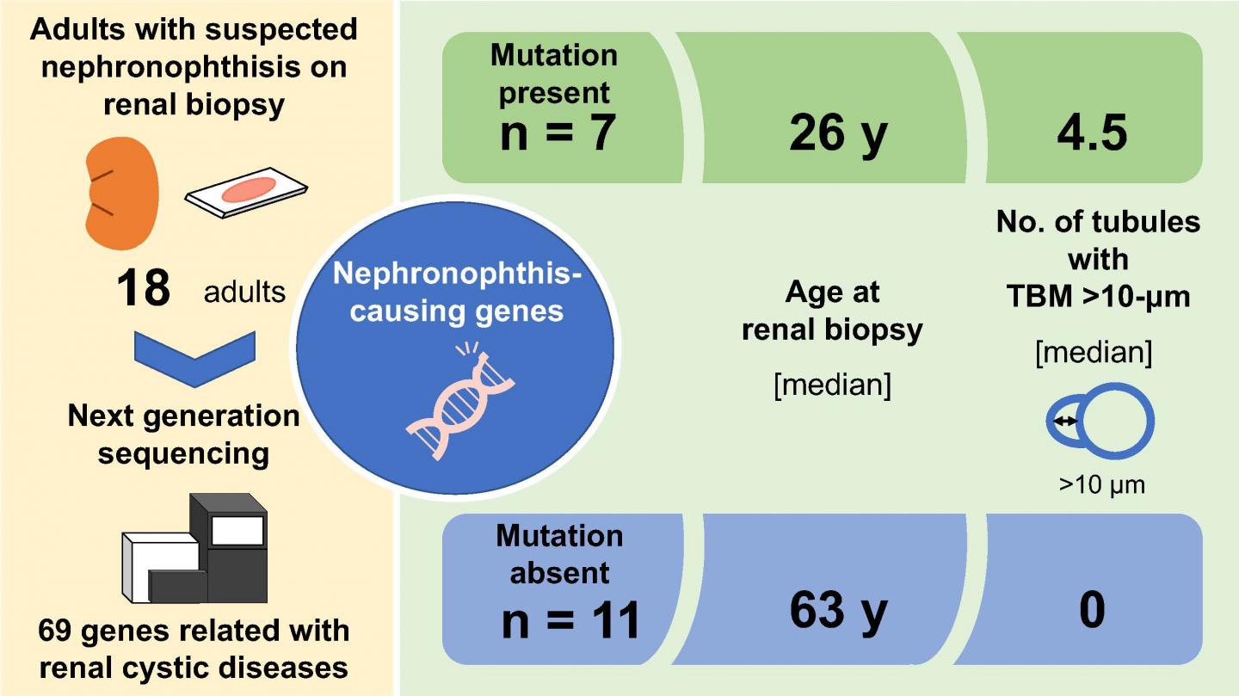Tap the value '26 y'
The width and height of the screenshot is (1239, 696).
point(836,134)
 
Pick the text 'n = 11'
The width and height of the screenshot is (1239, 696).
point(570,619)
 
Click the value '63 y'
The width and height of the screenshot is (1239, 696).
point(836,610)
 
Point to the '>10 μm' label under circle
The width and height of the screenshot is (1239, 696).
point(1102,485)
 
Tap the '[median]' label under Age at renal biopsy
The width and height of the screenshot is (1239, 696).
point(832,384)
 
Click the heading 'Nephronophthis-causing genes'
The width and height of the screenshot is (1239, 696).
point(457,293)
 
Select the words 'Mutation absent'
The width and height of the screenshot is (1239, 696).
point(559,553)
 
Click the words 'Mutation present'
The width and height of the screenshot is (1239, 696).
point(554,74)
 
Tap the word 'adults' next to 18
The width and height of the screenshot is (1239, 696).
point(243,292)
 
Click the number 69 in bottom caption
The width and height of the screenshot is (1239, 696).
point(58,631)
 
